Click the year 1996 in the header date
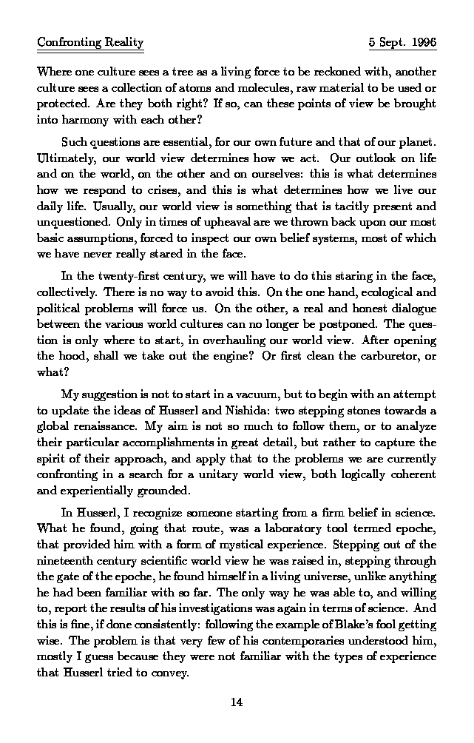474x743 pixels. click(422, 42)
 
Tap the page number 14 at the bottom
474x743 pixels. click(237, 702)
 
